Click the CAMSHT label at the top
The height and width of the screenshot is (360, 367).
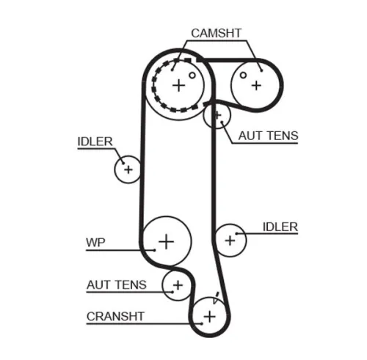click(215, 33)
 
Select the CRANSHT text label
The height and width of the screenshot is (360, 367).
click(115, 317)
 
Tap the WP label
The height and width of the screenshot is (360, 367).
click(95, 242)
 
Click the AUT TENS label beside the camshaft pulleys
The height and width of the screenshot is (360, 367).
click(268, 136)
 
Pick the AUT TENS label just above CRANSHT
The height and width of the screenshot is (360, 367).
click(116, 284)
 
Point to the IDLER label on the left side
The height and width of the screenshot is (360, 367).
click(95, 142)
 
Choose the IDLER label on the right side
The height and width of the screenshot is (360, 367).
click(280, 227)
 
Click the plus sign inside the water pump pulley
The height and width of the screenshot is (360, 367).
click(167, 240)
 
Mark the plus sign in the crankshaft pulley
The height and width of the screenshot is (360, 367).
click(209, 316)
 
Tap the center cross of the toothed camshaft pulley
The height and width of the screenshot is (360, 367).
click(178, 85)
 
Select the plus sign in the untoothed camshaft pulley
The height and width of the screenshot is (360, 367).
click(255, 84)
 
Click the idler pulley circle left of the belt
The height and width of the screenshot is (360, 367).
click(128, 170)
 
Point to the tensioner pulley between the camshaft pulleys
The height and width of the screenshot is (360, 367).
click(217, 114)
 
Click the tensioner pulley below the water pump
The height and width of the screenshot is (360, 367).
click(177, 284)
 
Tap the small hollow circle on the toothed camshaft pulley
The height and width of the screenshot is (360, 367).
click(192, 74)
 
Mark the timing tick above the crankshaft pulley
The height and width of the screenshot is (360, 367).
click(217, 299)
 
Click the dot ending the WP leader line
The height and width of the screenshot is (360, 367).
click(155, 249)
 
